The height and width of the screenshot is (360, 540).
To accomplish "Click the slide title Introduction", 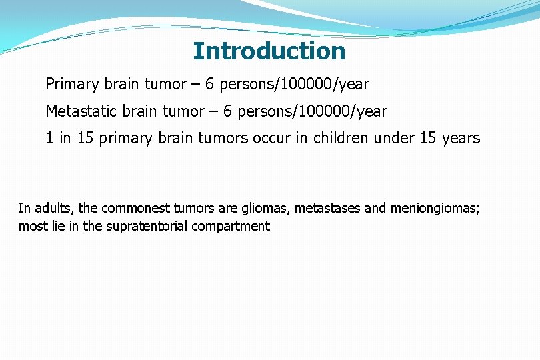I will click(x=269, y=51).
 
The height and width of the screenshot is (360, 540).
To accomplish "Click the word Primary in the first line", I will click(x=69, y=85).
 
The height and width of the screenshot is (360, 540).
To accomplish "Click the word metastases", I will click(x=329, y=208).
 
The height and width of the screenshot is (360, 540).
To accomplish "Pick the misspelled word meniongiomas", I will click(x=434, y=208).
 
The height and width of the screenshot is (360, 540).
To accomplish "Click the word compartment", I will click(x=231, y=226).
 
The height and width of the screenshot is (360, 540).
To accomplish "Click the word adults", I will click(x=58, y=208).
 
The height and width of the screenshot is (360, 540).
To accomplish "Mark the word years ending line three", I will click(x=462, y=138).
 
